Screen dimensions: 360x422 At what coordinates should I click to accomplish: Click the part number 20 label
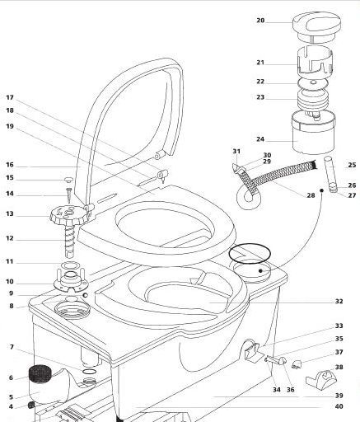pyautogui.click(x=260, y=21)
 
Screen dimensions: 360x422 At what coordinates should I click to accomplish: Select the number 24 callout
pyautogui.click(x=260, y=139)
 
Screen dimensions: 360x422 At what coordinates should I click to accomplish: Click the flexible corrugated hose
pyautogui.click(x=274, y=180)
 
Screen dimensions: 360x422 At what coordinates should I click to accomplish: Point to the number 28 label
pyautogui.click(x=311, y=195)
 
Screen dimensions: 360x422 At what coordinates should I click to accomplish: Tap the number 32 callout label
pyautogui.click(x=339, y=301)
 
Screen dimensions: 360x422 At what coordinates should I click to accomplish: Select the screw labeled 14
pyautogui.click(x=68, y=195)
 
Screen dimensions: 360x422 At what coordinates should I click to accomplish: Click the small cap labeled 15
pyautogui.click(x=68, y=180)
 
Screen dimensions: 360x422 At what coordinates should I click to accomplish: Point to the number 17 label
pyautogui.click(x=10, y=97)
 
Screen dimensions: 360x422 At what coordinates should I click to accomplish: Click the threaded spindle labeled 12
pyautogui.click(x=70, y=241)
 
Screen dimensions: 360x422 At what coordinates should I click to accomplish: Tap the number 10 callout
pyautogui.click(x=10, y=281)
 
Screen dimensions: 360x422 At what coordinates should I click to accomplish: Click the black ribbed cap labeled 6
pyautogui.click(x=40, y=373)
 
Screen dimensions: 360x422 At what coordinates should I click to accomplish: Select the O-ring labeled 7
pyautogui.click(x=89, y=372)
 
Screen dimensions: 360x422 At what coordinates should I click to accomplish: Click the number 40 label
pyautogui.click(x=339, y=406)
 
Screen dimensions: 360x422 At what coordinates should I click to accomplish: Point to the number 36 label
pyautogui.click(x=290, y=390)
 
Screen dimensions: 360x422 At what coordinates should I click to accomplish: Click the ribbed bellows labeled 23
pyautogui.click(x=313, y=101)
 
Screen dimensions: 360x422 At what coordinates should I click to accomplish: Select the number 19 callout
pyautogui.click(x=10, y=126)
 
